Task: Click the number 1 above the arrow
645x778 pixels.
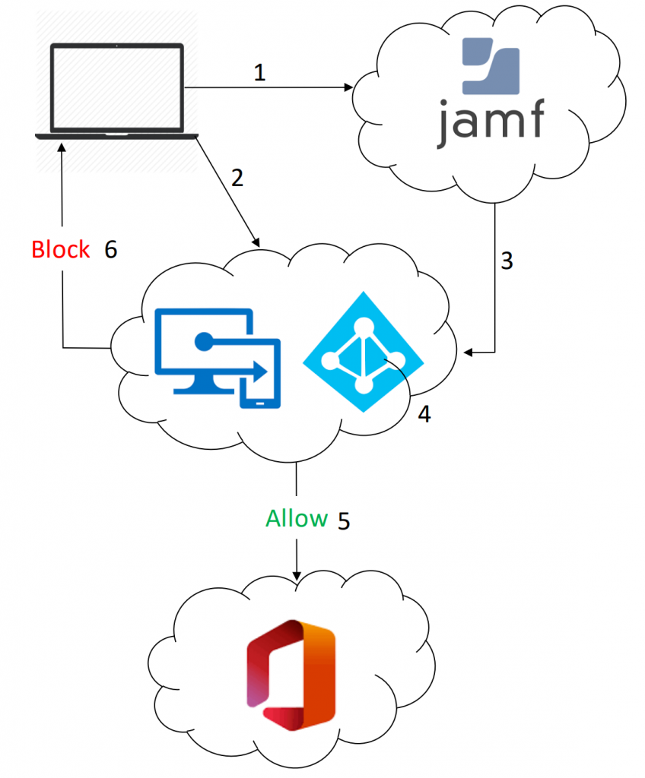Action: (260, 73)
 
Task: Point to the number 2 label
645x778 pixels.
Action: (237, 179)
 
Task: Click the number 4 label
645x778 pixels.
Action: (424, 414)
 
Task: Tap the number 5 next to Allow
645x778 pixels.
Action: (344, 521)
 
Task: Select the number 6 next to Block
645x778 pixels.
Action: (111, 250)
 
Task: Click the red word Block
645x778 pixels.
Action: (61, 250)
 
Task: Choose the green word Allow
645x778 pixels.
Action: (297, 520)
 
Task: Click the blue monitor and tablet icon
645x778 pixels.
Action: (218, 353)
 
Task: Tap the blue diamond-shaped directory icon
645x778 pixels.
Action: (362, 353)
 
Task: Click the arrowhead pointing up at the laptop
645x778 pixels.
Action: (61, 145)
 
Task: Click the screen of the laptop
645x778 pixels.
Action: (117, 87)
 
